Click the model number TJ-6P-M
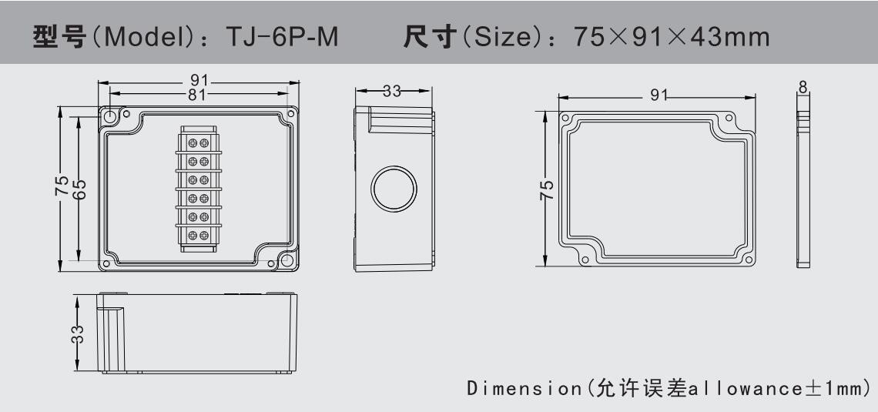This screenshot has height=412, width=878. [x=286, y=37]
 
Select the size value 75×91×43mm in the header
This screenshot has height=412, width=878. [x=672, y=37]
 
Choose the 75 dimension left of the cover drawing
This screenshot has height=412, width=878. [x=545, y=188]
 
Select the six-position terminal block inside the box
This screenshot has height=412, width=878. [x=197, y=187]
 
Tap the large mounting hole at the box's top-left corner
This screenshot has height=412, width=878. [x=109, y=116]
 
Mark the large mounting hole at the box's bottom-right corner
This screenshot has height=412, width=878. [x=288, y=260]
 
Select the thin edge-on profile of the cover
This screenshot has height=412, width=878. [x=803, y=187]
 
